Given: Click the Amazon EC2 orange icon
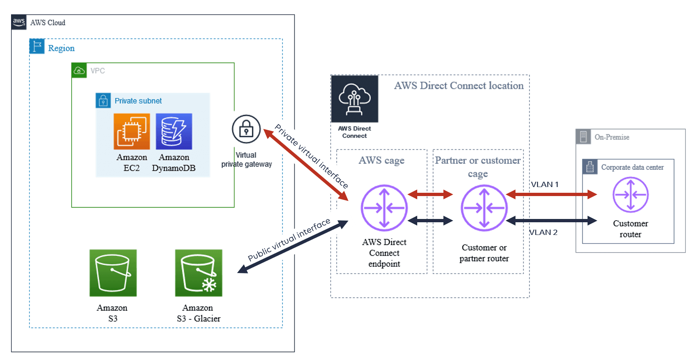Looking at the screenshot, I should [x=131, y=131].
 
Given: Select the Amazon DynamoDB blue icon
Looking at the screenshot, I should [x=174, y=131].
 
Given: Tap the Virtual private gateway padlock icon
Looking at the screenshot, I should [x=246, y=129].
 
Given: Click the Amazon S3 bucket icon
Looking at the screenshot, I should [x=113, y=273].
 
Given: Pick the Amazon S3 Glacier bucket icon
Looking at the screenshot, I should [x=199, y=273].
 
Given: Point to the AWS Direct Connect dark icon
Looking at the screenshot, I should [x=355, y=99].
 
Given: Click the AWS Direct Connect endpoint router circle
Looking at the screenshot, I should [x=384, y=208].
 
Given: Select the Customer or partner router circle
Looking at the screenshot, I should [x=484, y=208].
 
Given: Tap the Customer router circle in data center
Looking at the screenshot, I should [x=631, y=195].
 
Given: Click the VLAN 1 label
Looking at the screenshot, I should [x=545, y=184].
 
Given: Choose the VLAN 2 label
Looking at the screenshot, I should [x=543, y=232].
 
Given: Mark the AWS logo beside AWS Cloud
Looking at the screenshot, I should [x=19, y=22].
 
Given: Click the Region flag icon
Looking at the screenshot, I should [x=37, y=46].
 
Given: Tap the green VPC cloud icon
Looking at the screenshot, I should [x=79, y=70].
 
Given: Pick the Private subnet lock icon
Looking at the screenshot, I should [x=103, y=101].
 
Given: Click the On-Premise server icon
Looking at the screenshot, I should [x=583, y=137].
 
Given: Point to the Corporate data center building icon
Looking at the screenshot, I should [x=590, y=167].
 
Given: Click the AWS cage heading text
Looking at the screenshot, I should [x=382, y=160].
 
